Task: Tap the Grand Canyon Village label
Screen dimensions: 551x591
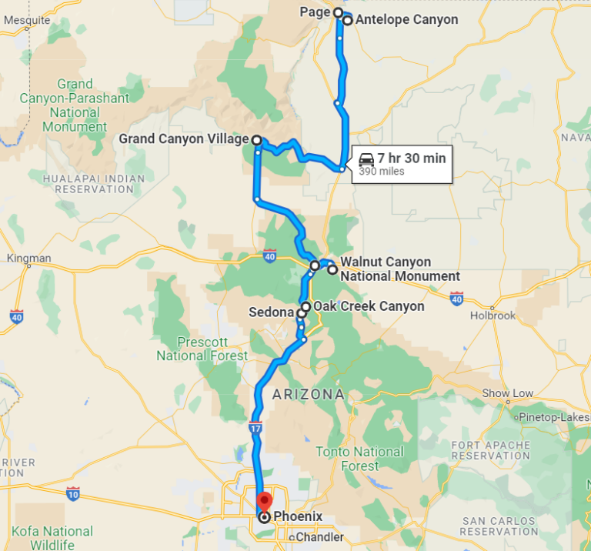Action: point(184,140)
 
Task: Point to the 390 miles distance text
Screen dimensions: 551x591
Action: point(382,172)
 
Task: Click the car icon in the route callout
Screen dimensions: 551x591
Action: point(367,160)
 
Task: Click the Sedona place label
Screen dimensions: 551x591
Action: point(272,312)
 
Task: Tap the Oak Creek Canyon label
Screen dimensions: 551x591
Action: point(369,306)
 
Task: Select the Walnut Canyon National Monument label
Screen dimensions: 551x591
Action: point(399,269)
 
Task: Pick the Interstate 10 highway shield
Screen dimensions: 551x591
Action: point(73,492)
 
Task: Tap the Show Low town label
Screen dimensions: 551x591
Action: point(507,393)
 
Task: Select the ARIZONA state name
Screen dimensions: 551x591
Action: point(308,395)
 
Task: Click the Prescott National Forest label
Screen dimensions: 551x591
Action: point(202,349)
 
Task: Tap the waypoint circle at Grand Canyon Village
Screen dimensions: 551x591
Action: point(255,141)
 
